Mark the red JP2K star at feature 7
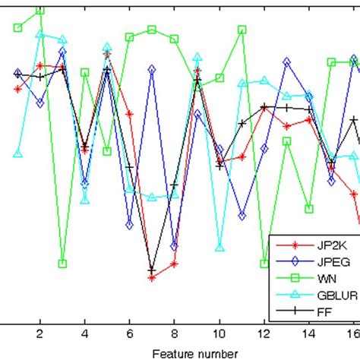coord(152,277)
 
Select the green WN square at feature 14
coord(309,208)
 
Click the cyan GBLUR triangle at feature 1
coord(17,153)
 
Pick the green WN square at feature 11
coord(242,30)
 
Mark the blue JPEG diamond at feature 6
coord(130,226)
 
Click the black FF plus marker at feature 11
coord(242,123)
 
